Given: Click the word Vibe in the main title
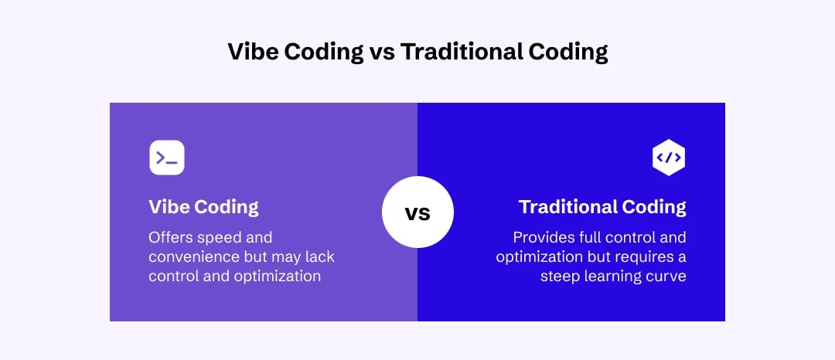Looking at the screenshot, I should click(x=252, y=52).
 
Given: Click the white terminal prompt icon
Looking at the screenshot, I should click(x=167, y=158).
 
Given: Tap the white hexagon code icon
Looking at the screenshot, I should click(x=669, y=158).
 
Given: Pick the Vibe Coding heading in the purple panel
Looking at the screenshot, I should click(x=203, y=207).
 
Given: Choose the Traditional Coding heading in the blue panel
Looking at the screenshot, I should click(x=602, y=207).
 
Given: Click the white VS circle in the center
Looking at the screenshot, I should click(x=417, y=212).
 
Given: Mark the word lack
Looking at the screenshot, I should click(x=319, y=256).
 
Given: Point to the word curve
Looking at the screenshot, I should click(x=666, y=276).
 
